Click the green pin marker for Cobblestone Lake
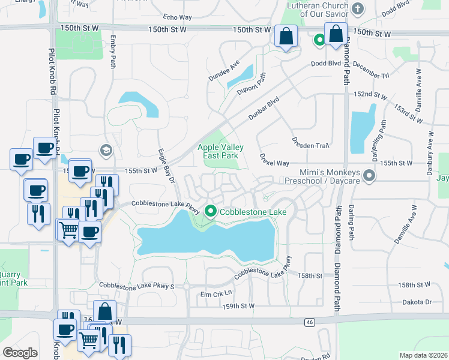(x=210, y=211)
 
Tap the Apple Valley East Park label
(x=218, y=151)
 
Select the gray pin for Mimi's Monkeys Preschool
(x=369, y=176)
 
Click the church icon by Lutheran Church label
(x=358, y=8)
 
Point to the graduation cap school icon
(x=106, y=150)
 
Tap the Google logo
(x=20, y=352)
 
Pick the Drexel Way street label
(x=274, y=162)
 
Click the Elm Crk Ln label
(x=215, y=294)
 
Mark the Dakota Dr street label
(x=420, y=302)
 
